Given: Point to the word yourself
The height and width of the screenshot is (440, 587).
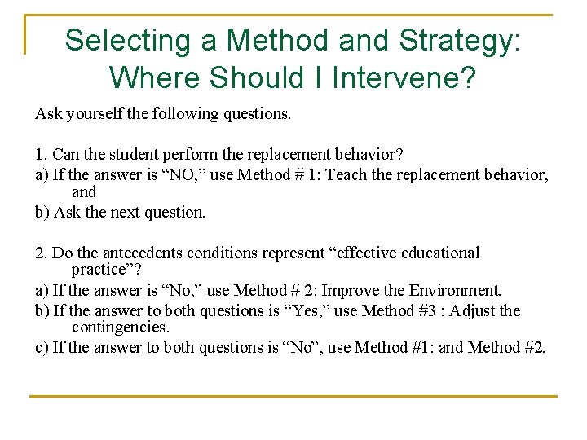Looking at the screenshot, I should point(94,114).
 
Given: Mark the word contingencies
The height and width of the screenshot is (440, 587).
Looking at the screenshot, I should point(120,328).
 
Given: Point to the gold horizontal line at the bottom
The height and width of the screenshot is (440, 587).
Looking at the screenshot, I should point(293,397).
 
